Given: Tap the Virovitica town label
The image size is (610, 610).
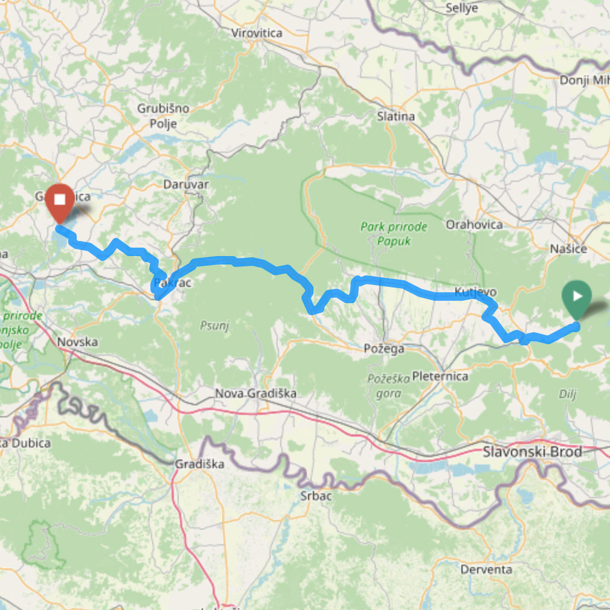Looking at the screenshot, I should pos(257,33).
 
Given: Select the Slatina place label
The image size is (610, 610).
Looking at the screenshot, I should pos(396,117).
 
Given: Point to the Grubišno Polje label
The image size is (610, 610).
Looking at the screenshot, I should pos(163,116).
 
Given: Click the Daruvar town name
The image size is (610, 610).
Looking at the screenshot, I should pos(186,184).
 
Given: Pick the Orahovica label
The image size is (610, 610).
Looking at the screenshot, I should pos(474,225).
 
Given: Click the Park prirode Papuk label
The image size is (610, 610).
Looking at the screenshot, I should pos(394,234).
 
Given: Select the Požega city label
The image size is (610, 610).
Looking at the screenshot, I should pos(384,348).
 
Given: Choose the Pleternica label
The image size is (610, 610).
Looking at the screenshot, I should pos(440,376).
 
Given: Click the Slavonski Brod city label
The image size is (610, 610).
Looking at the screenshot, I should pos(533,452).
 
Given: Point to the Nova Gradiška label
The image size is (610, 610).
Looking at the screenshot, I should pos(256,394).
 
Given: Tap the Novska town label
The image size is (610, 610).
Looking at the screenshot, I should pos(77,342).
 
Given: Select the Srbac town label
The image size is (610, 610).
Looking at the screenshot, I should pos(316,495).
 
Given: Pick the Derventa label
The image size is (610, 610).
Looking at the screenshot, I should pos(486,569).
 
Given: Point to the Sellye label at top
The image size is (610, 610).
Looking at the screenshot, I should pos(461,8).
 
